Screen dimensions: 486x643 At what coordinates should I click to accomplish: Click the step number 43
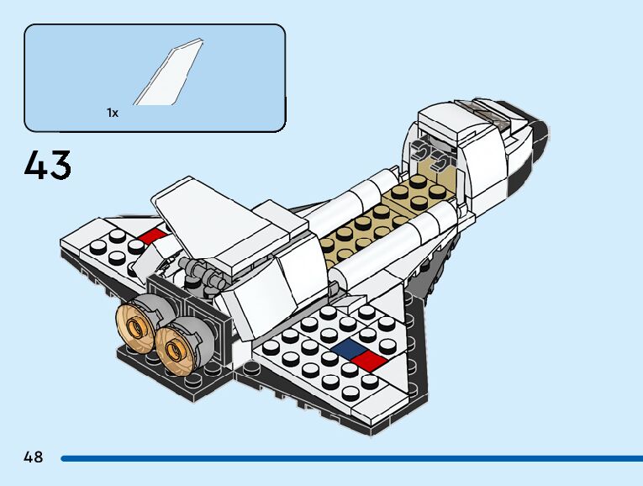[x=48, y=165]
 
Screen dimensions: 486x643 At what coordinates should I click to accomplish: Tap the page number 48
[x=34, y=457]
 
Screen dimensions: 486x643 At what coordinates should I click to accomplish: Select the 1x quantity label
[x=113, y=112]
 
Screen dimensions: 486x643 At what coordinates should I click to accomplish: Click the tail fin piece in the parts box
[x=169, y=78]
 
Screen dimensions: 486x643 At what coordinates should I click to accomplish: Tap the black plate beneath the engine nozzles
[x=168, y=378]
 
